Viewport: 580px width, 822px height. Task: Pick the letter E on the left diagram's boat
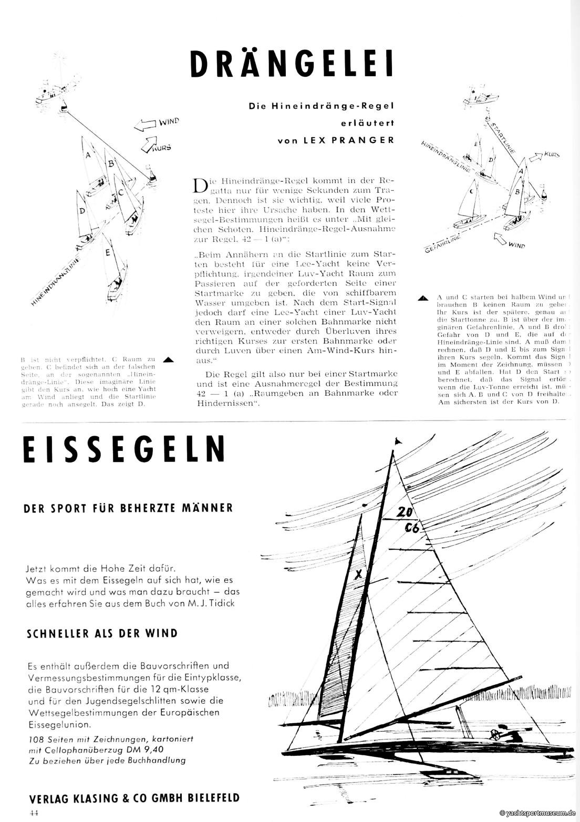107,252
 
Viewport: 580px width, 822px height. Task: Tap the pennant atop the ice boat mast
397,441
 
